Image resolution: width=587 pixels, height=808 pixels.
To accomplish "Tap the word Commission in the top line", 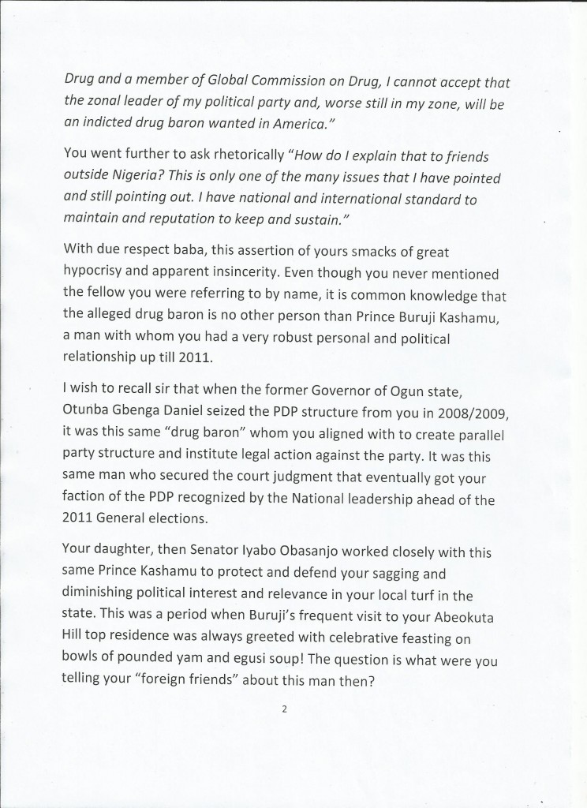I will tap(282, 77).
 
